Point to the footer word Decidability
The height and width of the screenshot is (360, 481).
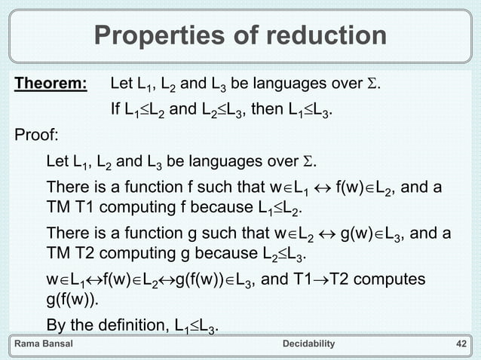[x=308, y=344]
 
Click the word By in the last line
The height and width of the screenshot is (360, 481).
[x=57, y=326]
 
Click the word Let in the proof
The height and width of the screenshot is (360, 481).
[x=57, y=162]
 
